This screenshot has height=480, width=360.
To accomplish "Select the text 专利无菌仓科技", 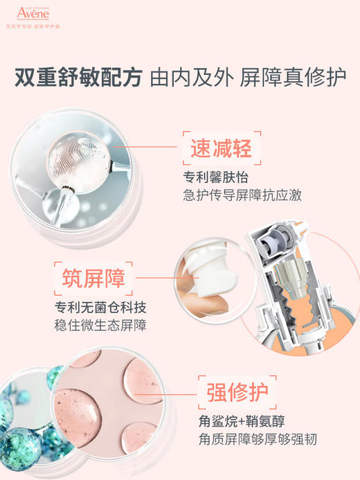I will [x=101, y=307].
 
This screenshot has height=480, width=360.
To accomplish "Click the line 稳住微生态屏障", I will [x=101, y=325].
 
